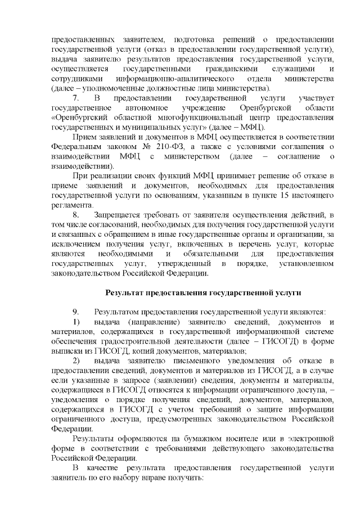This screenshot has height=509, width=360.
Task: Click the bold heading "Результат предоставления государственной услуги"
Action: click(x=204, y=293)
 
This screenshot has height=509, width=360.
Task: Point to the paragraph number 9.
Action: click(x=76, y=312)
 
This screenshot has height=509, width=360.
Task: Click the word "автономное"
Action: click(x=139, y=108)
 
